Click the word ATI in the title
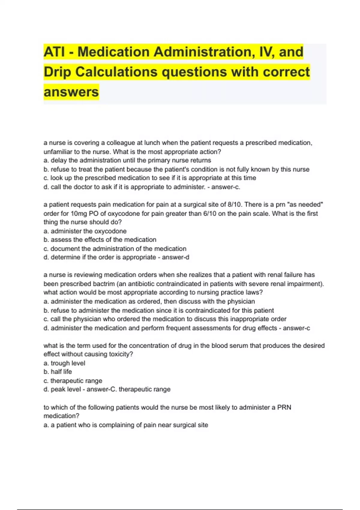coord(54,52)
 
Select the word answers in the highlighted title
coord(71,92)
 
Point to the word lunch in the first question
coord(152,143)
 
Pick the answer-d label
coord(175,257)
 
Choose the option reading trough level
coord(68,363)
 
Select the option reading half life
coord(61,372)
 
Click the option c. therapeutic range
coord(73,381)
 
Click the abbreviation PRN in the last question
coord(284,407)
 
